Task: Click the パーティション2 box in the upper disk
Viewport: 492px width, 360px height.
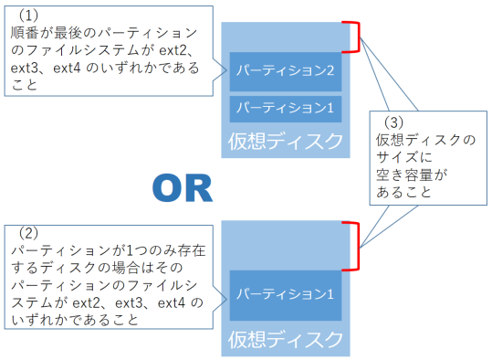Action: click(x=286, y=70)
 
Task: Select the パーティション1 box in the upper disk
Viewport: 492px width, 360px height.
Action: click(x=286, y=108)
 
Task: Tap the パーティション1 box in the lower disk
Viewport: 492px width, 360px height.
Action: click(x=286, y=294)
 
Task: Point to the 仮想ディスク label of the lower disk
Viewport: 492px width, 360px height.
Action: click(x=286, y=339)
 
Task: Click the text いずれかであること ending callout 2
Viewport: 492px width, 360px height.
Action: click(x=74, y=321)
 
